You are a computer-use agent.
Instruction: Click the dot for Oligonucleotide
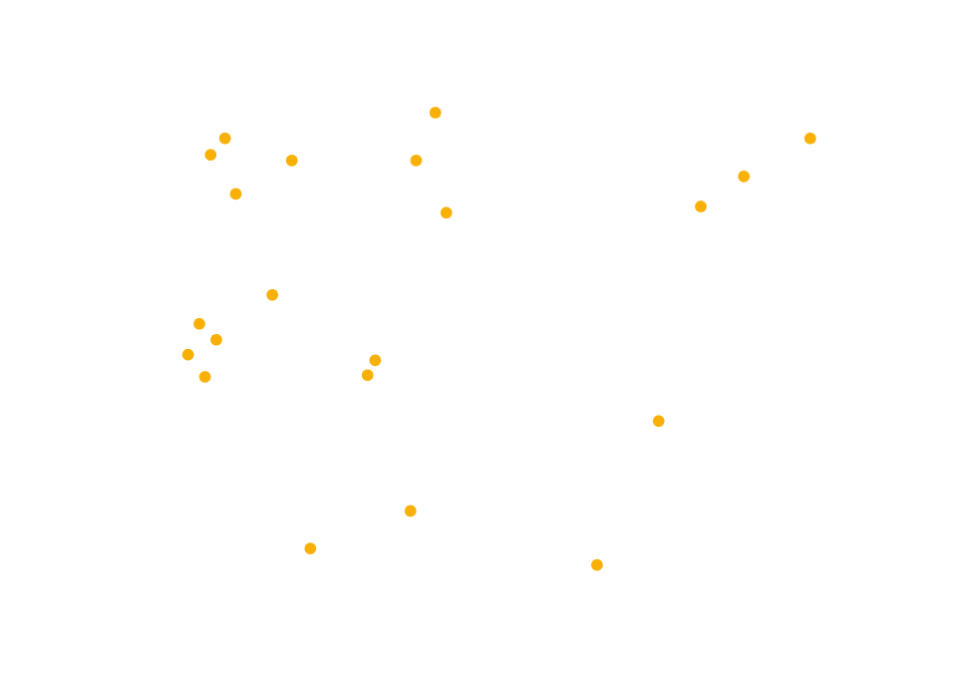click(416, 161)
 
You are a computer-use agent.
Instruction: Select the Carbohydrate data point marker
click(744, 176)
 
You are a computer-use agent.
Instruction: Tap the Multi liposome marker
click(597, 564)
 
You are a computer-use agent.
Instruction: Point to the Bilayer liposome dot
click(447, 213)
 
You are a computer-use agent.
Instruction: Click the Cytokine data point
click(272, 294)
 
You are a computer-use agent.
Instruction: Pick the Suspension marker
click(187, 355)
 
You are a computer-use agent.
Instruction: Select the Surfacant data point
click(375, 360)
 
